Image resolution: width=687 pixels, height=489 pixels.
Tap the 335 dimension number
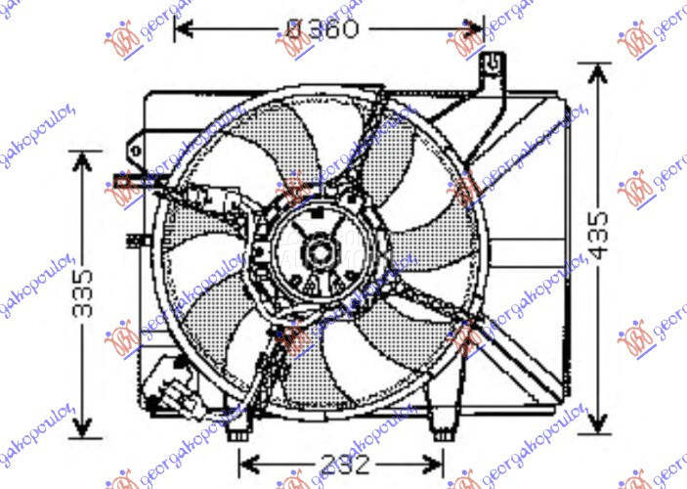[86, 293]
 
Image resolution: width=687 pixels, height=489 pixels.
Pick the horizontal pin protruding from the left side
[124, 179]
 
